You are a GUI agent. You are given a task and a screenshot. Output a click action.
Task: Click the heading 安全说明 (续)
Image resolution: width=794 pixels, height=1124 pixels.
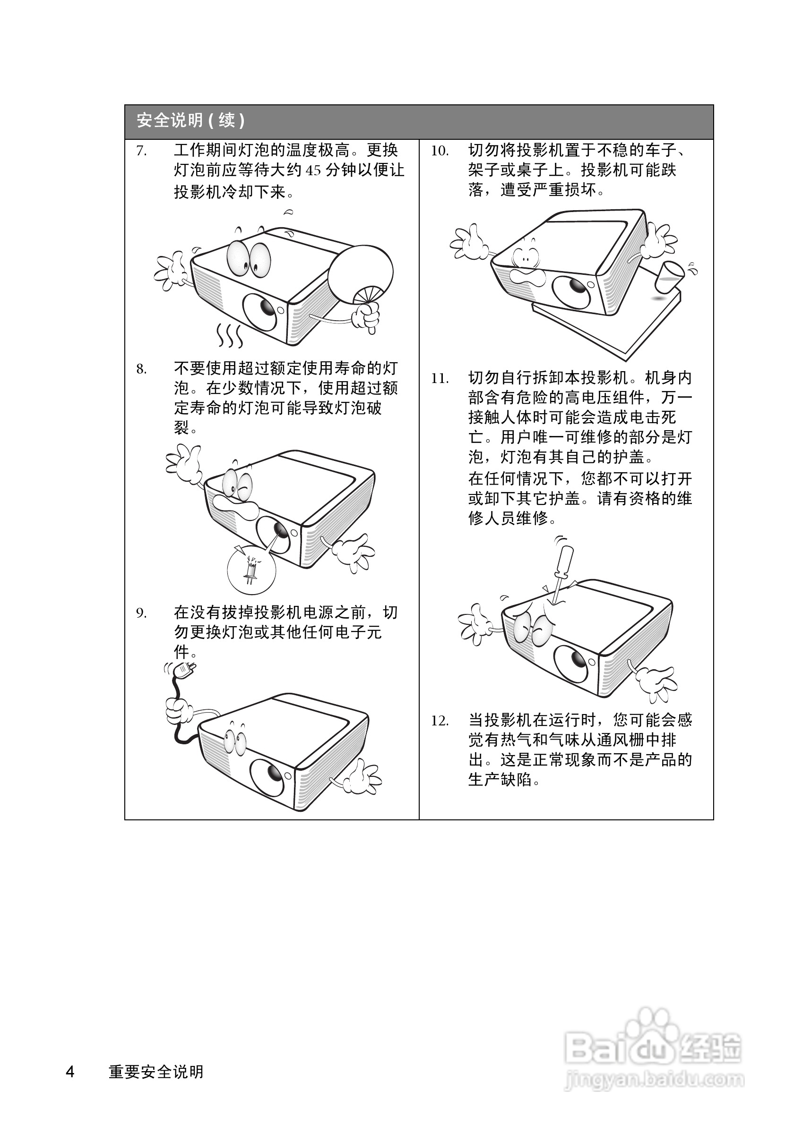[190, 120]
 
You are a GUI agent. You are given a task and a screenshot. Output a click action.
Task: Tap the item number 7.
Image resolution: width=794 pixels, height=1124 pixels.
[141, 151]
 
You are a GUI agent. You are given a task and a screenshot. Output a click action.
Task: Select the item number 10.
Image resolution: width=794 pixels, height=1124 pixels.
[440, 151]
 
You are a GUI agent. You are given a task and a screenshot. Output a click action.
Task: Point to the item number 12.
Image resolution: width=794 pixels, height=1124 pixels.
[440, 721]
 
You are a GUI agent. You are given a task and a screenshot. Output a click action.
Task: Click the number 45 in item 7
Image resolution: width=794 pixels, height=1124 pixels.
[313, 171]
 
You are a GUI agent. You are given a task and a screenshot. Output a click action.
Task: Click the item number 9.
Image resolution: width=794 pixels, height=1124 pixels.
[141, 613]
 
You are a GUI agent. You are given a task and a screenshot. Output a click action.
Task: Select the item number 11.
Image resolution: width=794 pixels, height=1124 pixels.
[440, 379]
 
